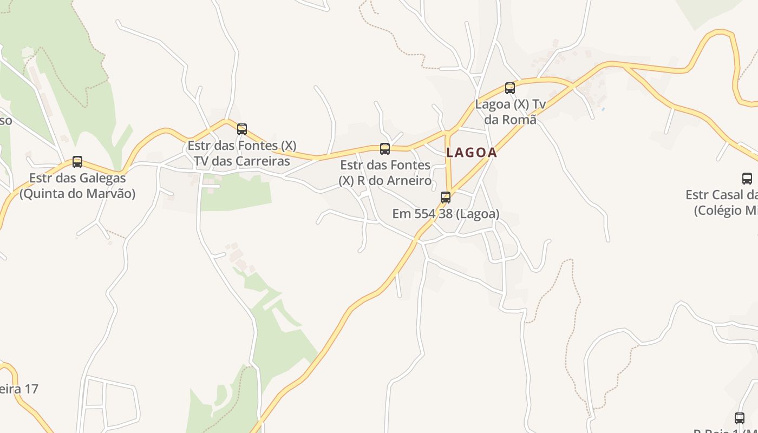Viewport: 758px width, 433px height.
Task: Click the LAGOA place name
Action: (471, 153)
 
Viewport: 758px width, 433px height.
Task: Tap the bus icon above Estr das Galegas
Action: (77, 161)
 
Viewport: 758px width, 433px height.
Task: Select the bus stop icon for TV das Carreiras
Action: (242, 129)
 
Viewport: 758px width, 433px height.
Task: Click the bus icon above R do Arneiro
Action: (385, 148)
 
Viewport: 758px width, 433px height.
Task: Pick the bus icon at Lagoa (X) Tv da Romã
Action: (510, 88)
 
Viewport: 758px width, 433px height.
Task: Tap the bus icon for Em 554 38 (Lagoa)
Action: (446, 197)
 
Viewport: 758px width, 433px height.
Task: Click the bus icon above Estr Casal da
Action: (747, 178)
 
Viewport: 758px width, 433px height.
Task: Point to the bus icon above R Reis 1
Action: (740, 418)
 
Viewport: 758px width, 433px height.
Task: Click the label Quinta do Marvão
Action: (77, 193)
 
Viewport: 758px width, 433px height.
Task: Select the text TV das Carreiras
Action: (242, 161)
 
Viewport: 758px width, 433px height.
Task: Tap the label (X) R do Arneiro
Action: (385, 180)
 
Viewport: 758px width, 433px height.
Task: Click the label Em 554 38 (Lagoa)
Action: (446, 214)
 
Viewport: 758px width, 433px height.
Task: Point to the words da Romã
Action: (511, 120)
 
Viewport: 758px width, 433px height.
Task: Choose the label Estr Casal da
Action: (721, 194)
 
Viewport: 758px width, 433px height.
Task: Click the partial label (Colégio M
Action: (726, 210)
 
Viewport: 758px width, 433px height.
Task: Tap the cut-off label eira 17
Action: (19, 389)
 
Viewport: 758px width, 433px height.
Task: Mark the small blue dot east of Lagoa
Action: (603, 109)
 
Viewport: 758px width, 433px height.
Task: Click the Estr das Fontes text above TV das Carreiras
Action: (242, 146)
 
